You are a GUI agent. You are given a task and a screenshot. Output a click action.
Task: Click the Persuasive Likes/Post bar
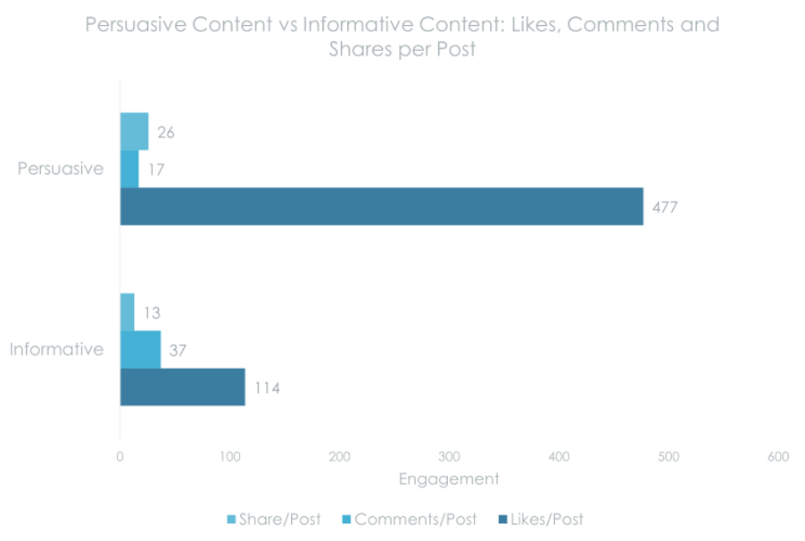click(x=381, y=206)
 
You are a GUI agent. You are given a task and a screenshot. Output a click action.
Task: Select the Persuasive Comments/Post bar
click(x=129, y=169)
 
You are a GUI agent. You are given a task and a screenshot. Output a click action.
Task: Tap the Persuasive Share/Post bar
click(x=134, y=132)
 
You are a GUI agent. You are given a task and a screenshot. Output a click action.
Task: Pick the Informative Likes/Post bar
click(x=182, y=387)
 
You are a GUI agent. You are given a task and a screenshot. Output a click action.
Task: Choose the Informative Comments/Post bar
click(x=140, y=350)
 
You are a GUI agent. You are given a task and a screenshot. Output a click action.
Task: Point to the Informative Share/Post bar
click(x=127, y=312)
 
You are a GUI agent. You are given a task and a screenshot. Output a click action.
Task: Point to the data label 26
click(x=165, y=133)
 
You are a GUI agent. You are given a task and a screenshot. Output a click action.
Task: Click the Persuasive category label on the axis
click(x=61, y=169)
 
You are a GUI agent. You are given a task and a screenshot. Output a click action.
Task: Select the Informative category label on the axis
click(x=56, y=350)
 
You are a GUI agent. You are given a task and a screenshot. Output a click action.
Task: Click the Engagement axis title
click(x=449, y=479)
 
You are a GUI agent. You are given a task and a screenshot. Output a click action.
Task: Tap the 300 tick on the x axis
click(x=449, y=457)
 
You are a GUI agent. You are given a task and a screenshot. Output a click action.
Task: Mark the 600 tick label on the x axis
click(x=777, y=457)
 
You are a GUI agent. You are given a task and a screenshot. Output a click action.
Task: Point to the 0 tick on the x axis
click(x=120, y=457)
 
